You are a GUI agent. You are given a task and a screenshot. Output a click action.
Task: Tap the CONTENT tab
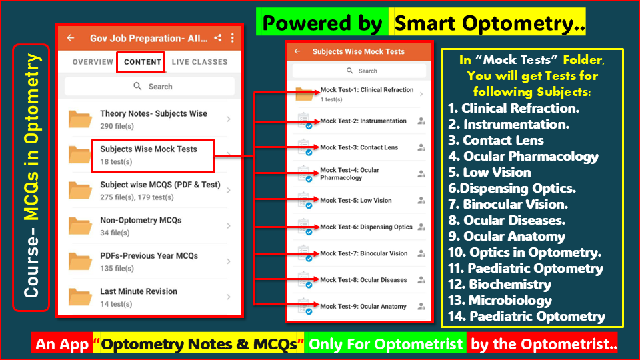(143, 62)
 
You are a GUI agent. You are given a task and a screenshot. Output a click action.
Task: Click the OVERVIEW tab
(93, 62)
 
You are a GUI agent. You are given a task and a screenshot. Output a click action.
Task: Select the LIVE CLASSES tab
(199, 62)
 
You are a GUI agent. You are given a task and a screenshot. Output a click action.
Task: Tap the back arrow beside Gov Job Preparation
(71, 38)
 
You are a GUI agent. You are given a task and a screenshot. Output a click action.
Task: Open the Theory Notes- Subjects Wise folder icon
(80, 119)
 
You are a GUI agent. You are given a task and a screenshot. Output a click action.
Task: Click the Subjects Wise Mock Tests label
(149, 149)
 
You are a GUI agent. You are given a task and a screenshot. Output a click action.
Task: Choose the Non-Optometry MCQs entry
(141, 220)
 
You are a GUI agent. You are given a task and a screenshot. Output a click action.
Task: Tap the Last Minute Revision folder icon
(80, 297)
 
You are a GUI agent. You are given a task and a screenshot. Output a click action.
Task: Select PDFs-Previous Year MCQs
(149, 255)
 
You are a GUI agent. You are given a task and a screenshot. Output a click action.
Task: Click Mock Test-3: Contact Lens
(359, 147)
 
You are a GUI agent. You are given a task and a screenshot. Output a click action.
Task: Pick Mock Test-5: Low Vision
(356, 200)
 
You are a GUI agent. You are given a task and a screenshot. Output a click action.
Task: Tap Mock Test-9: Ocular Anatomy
(363, 306)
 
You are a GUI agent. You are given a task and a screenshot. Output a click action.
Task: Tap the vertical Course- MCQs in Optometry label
(31, 177)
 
